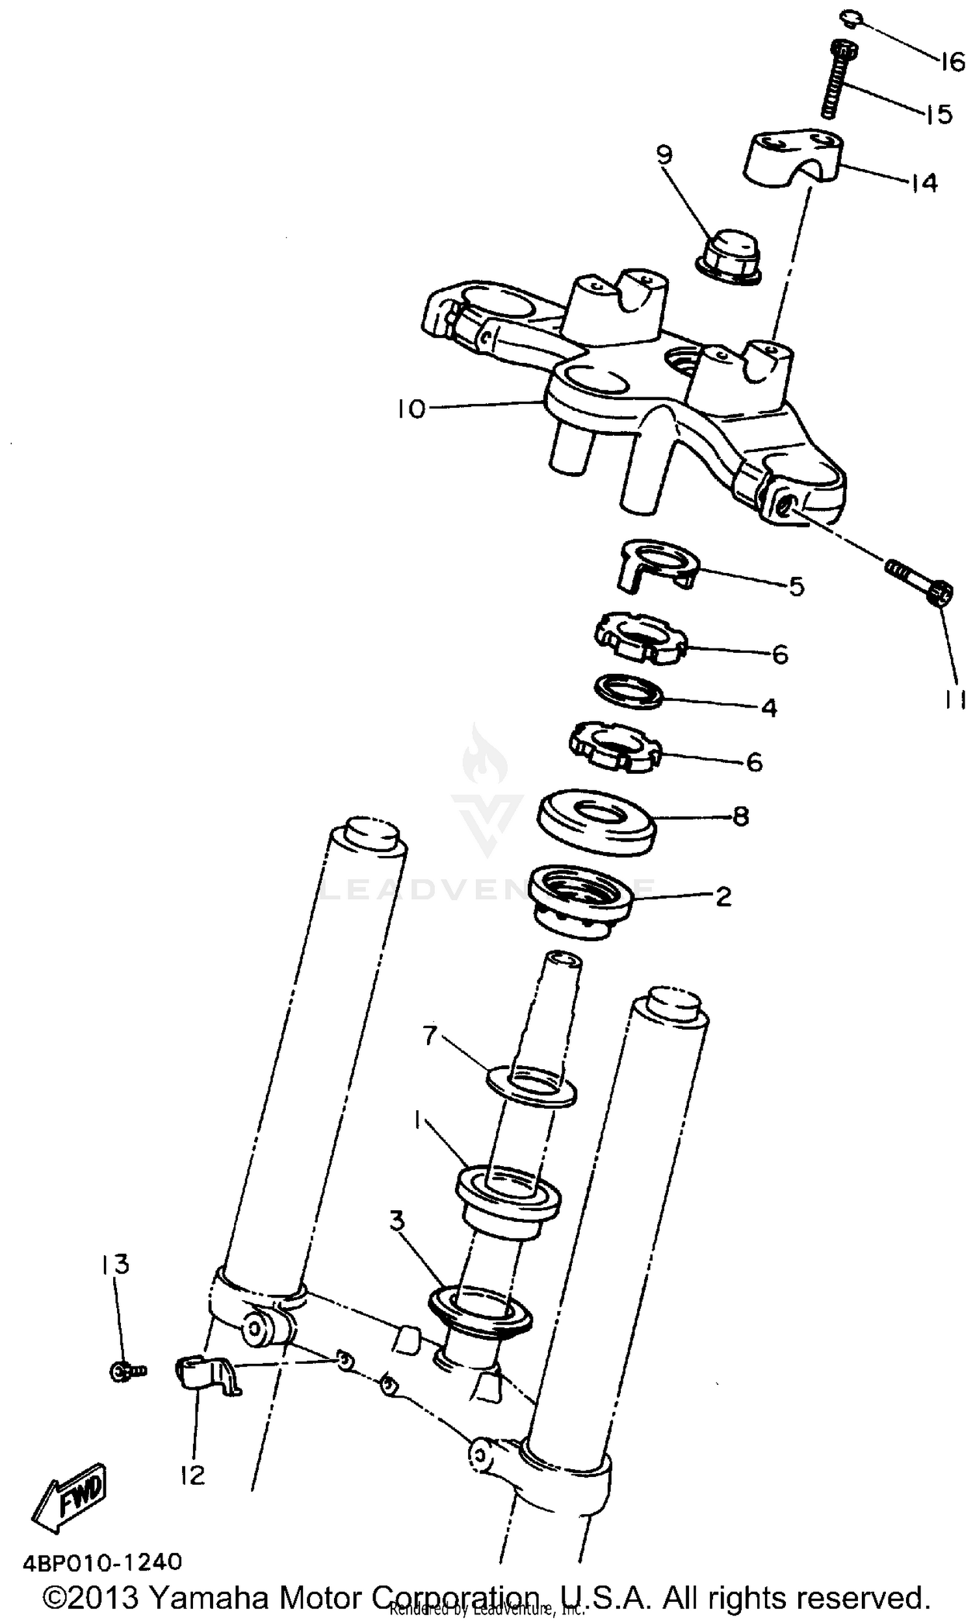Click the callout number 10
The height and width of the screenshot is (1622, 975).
(411, 409)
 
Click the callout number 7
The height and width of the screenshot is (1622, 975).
(430, 1036)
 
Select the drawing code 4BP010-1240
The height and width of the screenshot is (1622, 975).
(102, 1562)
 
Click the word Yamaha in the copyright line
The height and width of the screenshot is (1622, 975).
(210, 1597)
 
